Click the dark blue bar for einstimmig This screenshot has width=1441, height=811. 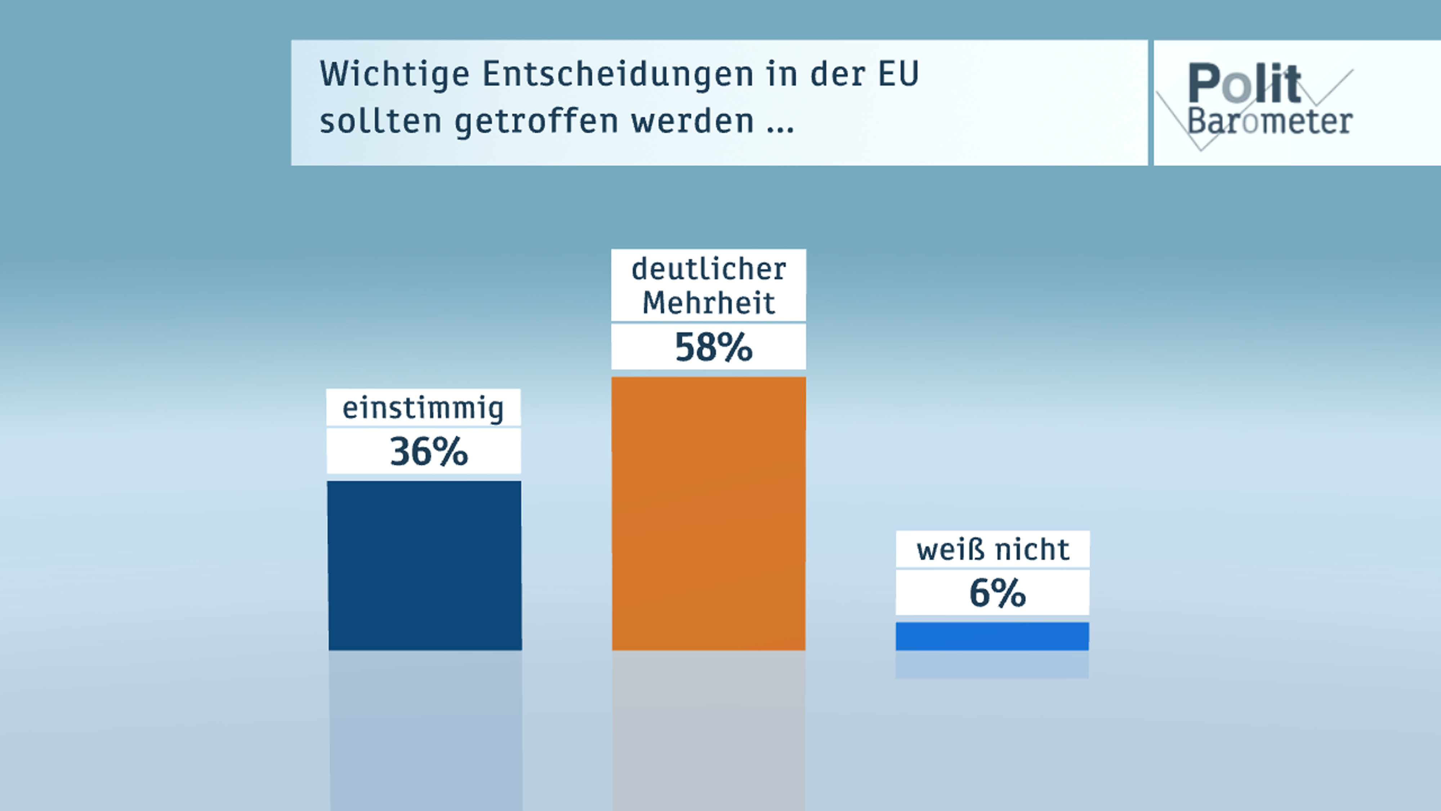pos(425,565)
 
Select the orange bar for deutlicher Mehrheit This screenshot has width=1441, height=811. pos(708,513)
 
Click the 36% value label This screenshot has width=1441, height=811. pos(428,452)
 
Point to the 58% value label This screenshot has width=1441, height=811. pos(713,347)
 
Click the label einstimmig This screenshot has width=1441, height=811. pos(423,408)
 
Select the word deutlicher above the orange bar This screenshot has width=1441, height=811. pos(708,269)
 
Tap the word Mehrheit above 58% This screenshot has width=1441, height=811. pos(708,303)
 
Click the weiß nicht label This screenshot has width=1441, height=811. pos(993,550)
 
